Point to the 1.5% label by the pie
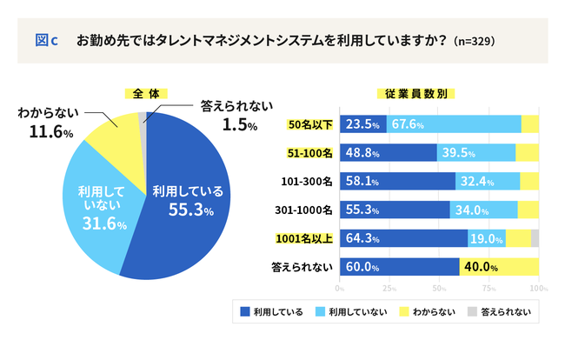point(240,124)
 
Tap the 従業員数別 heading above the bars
point(415,93)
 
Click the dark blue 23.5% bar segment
point(362,123)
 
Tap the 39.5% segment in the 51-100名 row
point(476,152)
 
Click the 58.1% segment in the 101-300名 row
point(396,181)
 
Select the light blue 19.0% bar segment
point(487,238)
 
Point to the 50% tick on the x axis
point(439,287)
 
